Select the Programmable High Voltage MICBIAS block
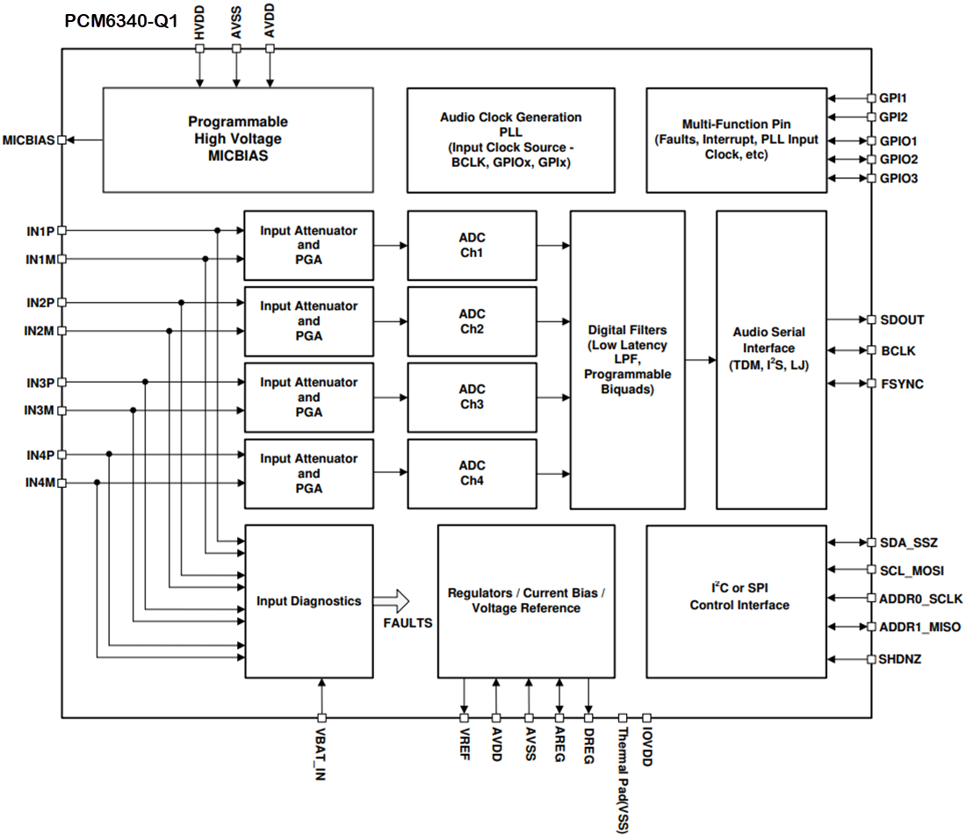click(x=237, y=140)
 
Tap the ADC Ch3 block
click(x=472, y=397)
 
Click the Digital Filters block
click(x=627, y=359)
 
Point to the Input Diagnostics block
click(x=308, y=601)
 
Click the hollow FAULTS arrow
click(x=392, y=601)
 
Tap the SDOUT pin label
click(x=902, y=320)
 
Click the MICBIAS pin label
click(x=28, y=140)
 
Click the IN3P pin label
click(x=40, y=383)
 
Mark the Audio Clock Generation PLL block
click(x=510, y=140)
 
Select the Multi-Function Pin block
click(x=736, y=140)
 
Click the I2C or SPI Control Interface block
click(x=736, y=601)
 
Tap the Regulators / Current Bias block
click(x=526, y=601)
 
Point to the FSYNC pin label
click(x=902, y=384)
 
